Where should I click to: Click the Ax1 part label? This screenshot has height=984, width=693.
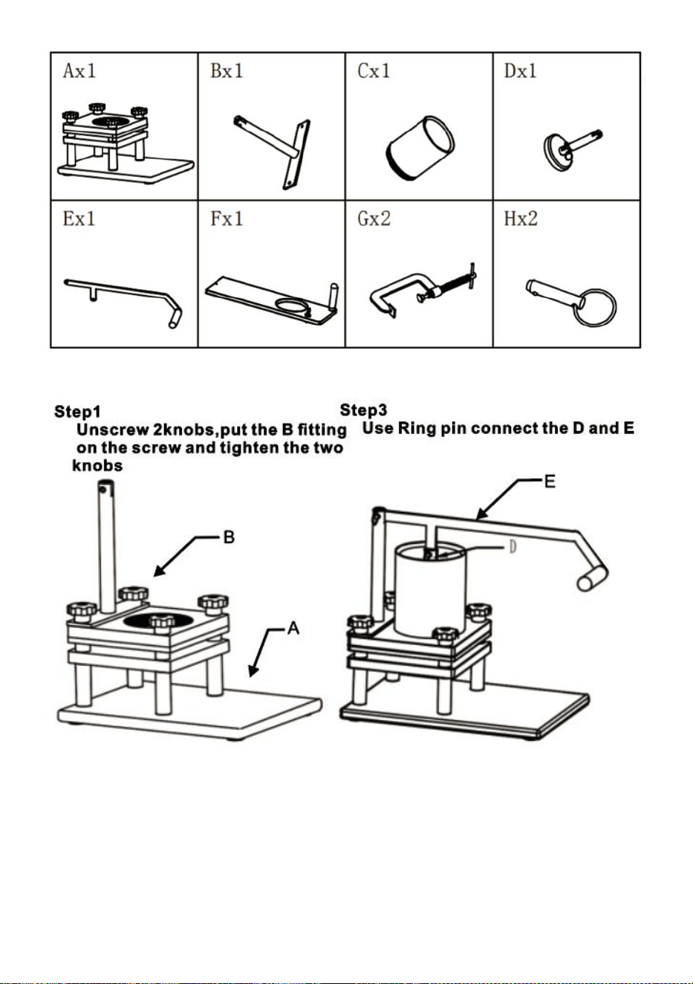[79, 71]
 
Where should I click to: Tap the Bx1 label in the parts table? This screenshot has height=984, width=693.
[227, 71]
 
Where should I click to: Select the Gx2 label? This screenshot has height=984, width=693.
[374, 219]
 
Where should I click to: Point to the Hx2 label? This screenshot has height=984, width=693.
[521, 219]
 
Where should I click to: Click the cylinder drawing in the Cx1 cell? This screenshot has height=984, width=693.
[420, 148]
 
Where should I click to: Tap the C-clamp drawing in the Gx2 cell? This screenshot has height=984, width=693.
[423, 290]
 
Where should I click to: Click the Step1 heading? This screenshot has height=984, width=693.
[77, 412]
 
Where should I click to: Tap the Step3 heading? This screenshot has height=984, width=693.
[364, 410]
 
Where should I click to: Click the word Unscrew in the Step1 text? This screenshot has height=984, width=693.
[113, 430]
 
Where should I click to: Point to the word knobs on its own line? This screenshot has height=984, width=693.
[97, 466]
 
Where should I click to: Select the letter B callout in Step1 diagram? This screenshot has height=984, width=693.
[230, 537]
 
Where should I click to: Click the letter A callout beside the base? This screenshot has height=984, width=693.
[293, 629]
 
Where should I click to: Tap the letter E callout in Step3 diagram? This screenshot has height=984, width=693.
[550, 482]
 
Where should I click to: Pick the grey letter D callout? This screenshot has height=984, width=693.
[513, 547]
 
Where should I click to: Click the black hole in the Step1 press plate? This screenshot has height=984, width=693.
[158, 621]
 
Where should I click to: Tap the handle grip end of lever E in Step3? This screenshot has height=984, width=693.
[593, 578]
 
